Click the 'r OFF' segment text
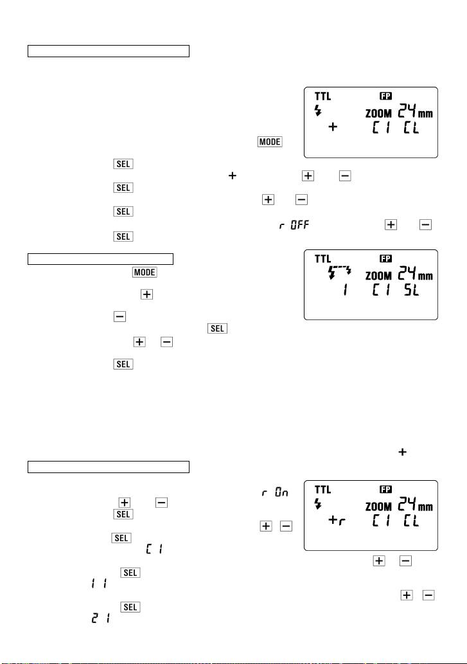[x=294, y=224]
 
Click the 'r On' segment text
[x=275, y=492]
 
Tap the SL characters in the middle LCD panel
[x=411, y=290]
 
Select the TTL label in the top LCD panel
[x=322, y=96]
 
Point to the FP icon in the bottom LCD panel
[x=386, y=489]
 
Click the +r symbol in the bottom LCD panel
[x=337, y=519]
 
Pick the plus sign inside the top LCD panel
[x=333, y=127]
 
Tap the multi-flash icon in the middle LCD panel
[x=340, y=272]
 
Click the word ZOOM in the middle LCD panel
[x=378, y=276]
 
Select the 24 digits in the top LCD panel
[x=407, y=111]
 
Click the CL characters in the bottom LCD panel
[x=411, y=521]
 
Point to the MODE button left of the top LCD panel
[x=270, y=141]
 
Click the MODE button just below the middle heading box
[x=145, y=272]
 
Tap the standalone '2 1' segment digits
[x=101, y=618]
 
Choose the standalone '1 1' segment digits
[x=99, y=584]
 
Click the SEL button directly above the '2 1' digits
[x=130, y=607]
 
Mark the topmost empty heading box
[x=109, y=51]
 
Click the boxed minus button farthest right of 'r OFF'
[x=425, y=224]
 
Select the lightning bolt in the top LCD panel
[x=318, y=111]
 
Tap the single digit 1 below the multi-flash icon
[x=345, y=290]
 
